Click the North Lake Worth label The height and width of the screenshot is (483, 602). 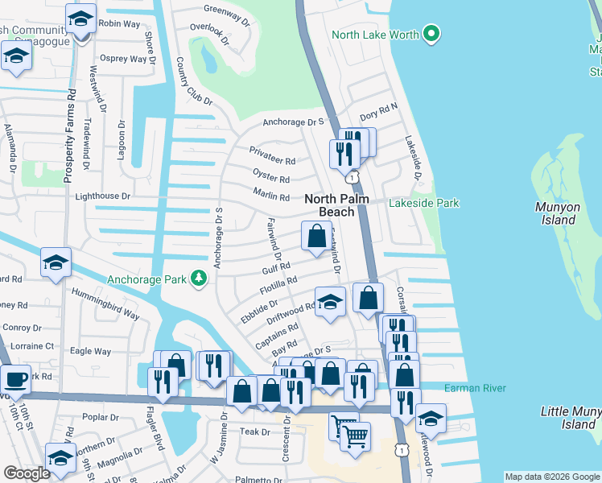[x=375, y=35]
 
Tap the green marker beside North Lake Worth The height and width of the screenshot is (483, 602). [x=432, y=35]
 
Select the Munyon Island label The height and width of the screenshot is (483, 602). [x=558, y=213]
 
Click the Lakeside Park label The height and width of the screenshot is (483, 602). [x=425, y=204]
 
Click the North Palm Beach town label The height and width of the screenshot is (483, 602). [x=329, y=205]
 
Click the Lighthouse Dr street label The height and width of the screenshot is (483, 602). [x=102, y=196]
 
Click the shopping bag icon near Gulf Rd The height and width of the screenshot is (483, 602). [x=316, y=236]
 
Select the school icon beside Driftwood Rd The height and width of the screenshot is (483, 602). [x=329, y=302]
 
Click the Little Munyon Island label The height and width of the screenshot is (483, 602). [x=570, y=418]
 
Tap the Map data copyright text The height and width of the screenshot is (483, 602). [x=551, y=477]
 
